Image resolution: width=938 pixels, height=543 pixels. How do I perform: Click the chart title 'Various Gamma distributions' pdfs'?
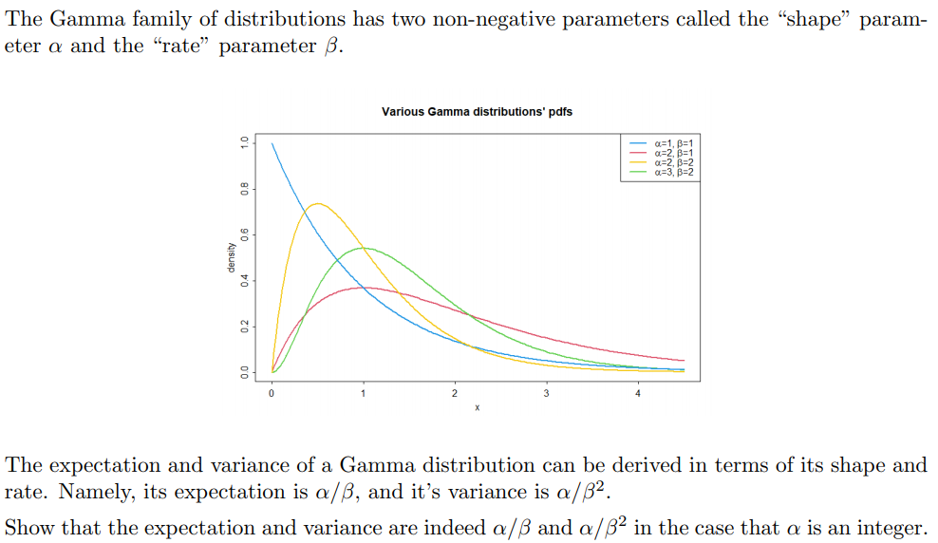pyautogui.click(x=477, y=112)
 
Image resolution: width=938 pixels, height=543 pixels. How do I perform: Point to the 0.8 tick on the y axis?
pyautogui.click(x=244, y=189)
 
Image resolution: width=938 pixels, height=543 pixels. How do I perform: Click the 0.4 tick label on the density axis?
pyautogui.click(x=244, y=281)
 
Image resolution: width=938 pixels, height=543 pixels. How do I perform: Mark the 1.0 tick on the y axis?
pyautogui.click(x=244, y=142)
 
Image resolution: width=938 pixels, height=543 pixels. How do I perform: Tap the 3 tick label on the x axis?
pyautogui.click(x=546, y=393)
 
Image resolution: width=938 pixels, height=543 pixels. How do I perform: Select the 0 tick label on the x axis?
pyautogui.click(x=272, y=393)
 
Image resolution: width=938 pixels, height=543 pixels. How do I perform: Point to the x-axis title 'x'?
pyautogui.click(x=477, y=408)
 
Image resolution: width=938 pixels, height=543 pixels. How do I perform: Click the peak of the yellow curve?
pyautogui.click(x=318, y=203)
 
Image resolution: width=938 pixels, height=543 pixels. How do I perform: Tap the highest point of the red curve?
pyautogui.click(x=364, y=287)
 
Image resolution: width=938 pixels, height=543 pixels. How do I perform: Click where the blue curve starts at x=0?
pyautogui.click(x=272, y=143)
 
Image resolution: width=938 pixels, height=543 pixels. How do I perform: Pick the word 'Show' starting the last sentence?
pyautogui.click(x=28, y=528)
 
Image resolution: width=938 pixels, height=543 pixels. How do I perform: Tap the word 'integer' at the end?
pyautogui.click(x=891, y=528)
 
